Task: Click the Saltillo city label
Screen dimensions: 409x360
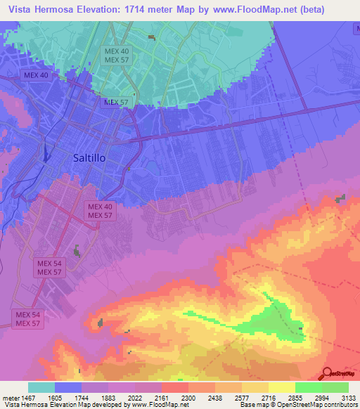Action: click(x=89, y=158)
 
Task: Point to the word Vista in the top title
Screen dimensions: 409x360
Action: click(x=22, y=9)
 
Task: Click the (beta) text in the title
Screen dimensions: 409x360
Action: click(x=334, y=9)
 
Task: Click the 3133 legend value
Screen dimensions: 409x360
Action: click(x=347, y=398)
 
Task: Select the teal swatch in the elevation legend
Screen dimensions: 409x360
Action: click(x=41, y=387)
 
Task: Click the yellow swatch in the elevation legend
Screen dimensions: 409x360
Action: click(x=282, y=387)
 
